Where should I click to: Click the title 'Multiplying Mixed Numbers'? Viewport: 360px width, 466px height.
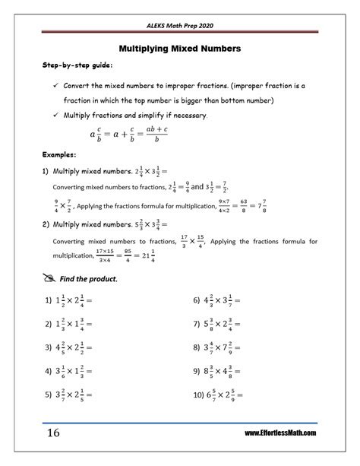coord(180,49)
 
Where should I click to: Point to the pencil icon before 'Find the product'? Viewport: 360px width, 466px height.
coord(50,278)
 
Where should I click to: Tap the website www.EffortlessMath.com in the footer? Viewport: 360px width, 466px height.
coord(280,433)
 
